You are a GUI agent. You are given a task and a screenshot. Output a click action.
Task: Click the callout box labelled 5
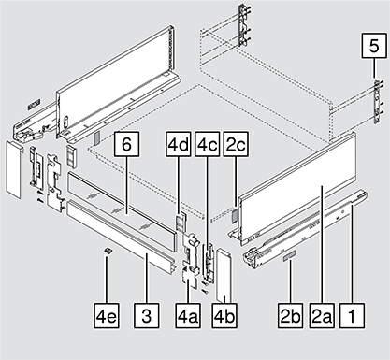point(374,46)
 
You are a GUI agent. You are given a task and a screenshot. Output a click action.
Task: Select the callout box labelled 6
point(126,144)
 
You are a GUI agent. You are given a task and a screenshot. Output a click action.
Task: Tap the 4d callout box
point(178,144)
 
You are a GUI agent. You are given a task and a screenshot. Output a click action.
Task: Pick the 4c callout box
point(207,144)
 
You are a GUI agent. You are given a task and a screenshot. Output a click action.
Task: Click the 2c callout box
point(236,144)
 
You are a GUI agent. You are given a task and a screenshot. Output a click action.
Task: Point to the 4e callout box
point(107,315)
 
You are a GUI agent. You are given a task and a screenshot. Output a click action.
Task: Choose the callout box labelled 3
point(147,315)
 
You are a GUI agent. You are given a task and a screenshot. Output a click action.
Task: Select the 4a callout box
point(188,315)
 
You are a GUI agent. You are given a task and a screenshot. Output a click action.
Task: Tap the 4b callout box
point(224,315)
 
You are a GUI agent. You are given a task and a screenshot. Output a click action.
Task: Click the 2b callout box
point(290,315)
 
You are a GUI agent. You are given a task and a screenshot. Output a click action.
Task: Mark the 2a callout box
point(322,315)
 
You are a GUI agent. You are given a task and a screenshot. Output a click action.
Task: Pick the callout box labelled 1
point(352,315)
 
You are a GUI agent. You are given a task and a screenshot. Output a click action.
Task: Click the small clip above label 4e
point(108,251)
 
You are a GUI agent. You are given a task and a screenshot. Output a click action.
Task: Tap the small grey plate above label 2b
point(290,255)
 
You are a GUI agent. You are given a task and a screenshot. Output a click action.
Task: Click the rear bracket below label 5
point(378,102)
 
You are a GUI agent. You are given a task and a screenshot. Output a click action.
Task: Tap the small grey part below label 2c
point(235,214)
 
